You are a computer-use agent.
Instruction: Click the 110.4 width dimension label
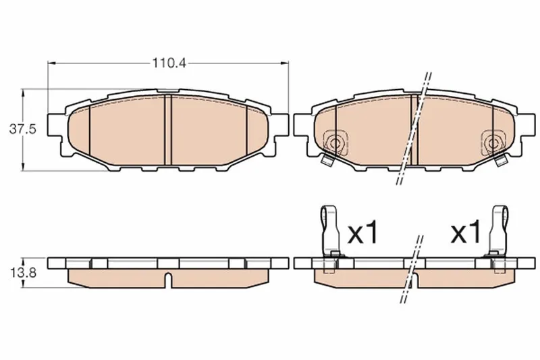pyautogui.click(x=169, y=63)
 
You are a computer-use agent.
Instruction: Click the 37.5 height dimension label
pyautogui.click(x=22, y=130)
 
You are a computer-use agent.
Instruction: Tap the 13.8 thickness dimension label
pyautogui.click(x=23, y=273)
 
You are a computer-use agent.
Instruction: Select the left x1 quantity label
pyautogui.click(x=363, y=233)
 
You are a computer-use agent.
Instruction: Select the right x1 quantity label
pyautogui.click(x=466, y=232)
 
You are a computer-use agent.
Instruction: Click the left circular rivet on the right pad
pyautogui.click(x=334, y=143)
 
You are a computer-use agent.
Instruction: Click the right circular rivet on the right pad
pyautogui.click(x=493, y=143)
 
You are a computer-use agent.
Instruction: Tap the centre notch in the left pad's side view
pyautogui.click(x=168, y=280)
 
